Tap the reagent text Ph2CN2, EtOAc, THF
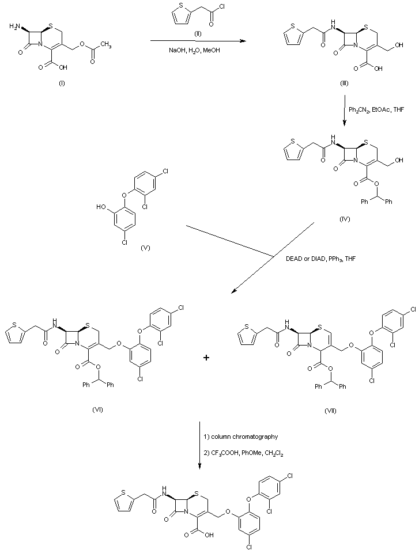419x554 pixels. (x=377, y=109)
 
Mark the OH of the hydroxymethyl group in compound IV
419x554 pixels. (x=399, y=161)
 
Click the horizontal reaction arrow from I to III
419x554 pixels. (x=196, y=41)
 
